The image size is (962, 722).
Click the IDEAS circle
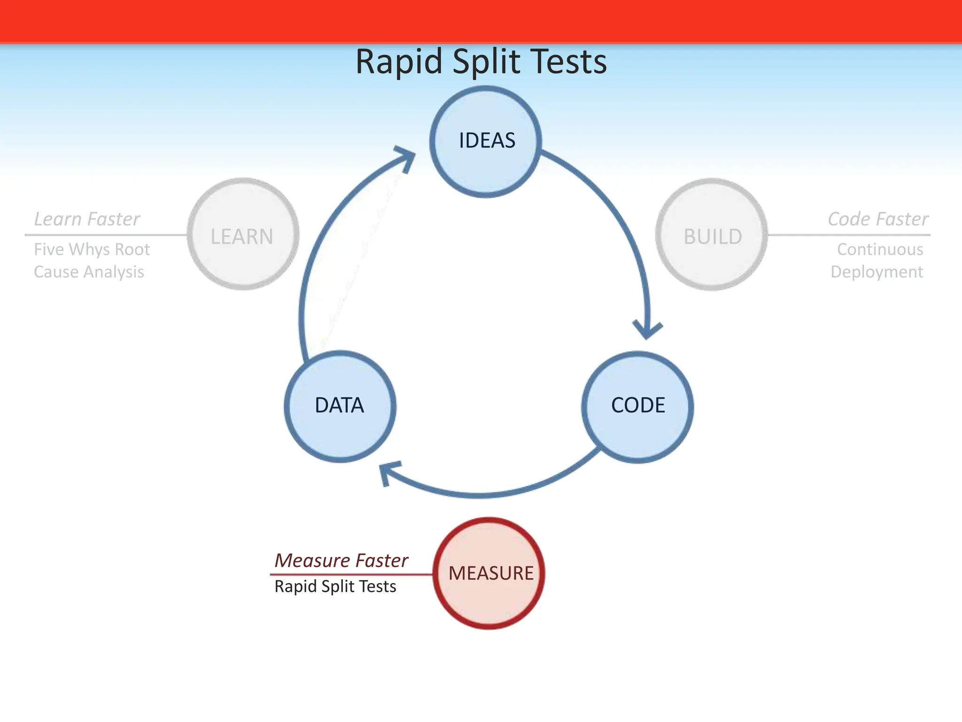click(486, 141)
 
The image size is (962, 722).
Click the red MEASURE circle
click(489, 573)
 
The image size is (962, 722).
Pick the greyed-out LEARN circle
click(243, 234)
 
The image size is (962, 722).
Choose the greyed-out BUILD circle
click(712, 234)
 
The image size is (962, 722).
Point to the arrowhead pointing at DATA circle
click(388, 472)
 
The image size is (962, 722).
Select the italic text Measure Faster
click(341, 560)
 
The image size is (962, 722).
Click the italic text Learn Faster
click(87, 219)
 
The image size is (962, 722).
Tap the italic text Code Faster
click(877, 219)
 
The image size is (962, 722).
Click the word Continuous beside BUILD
click(880, 249)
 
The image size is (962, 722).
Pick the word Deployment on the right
click(877, 272)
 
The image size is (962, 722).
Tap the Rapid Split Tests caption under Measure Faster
click(335, 587)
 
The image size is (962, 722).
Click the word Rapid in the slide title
click(399, 62)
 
